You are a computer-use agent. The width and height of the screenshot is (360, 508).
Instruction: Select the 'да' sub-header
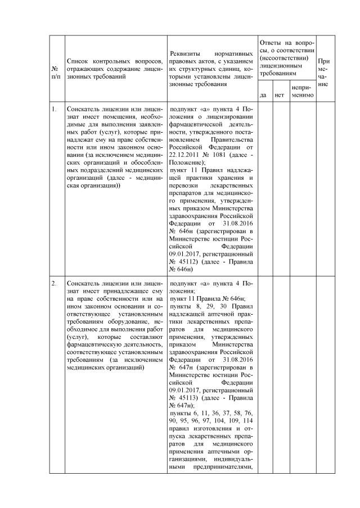[263, 94]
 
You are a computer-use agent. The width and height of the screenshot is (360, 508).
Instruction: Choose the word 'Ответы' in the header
[271, 43]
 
